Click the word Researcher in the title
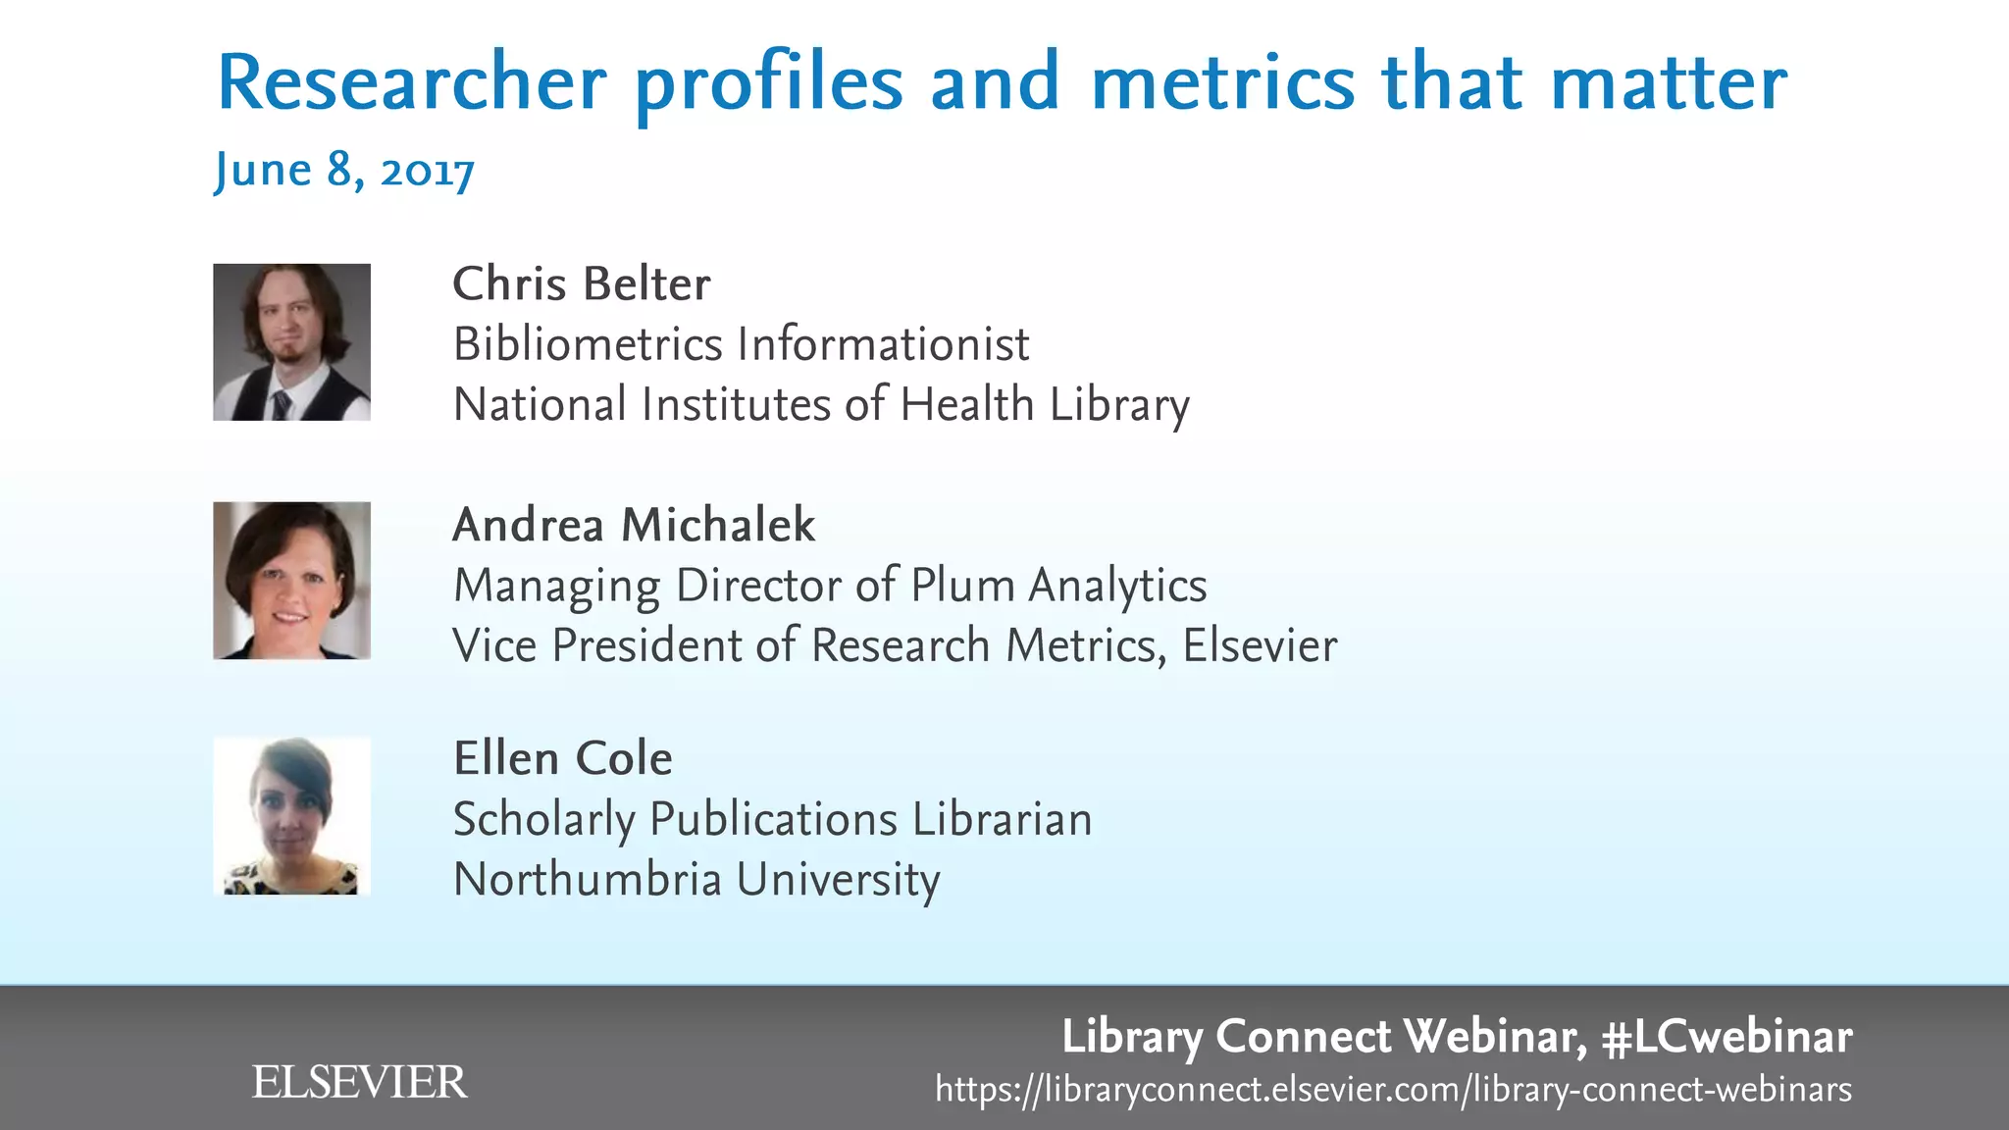(x=411, y=82)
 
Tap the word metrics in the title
(x=1222, y=82)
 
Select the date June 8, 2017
(x=344, y=171)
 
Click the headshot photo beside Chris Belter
(x=291, y=341)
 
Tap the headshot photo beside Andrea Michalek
(x=291, y=580)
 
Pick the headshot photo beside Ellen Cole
(x=291, y=815)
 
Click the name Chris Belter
(x=581, y=284)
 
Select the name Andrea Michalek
(x=634, y=525)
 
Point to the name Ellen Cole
(x=562, y=758)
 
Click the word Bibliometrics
(x=588, y=344)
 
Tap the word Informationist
(x=883, y=344)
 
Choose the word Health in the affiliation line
(x=967, y=404)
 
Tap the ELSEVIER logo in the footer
(x=359, y=1082)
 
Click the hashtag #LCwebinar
(x=1726, y=1037)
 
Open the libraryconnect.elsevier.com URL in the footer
(x=1393, y=1089)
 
